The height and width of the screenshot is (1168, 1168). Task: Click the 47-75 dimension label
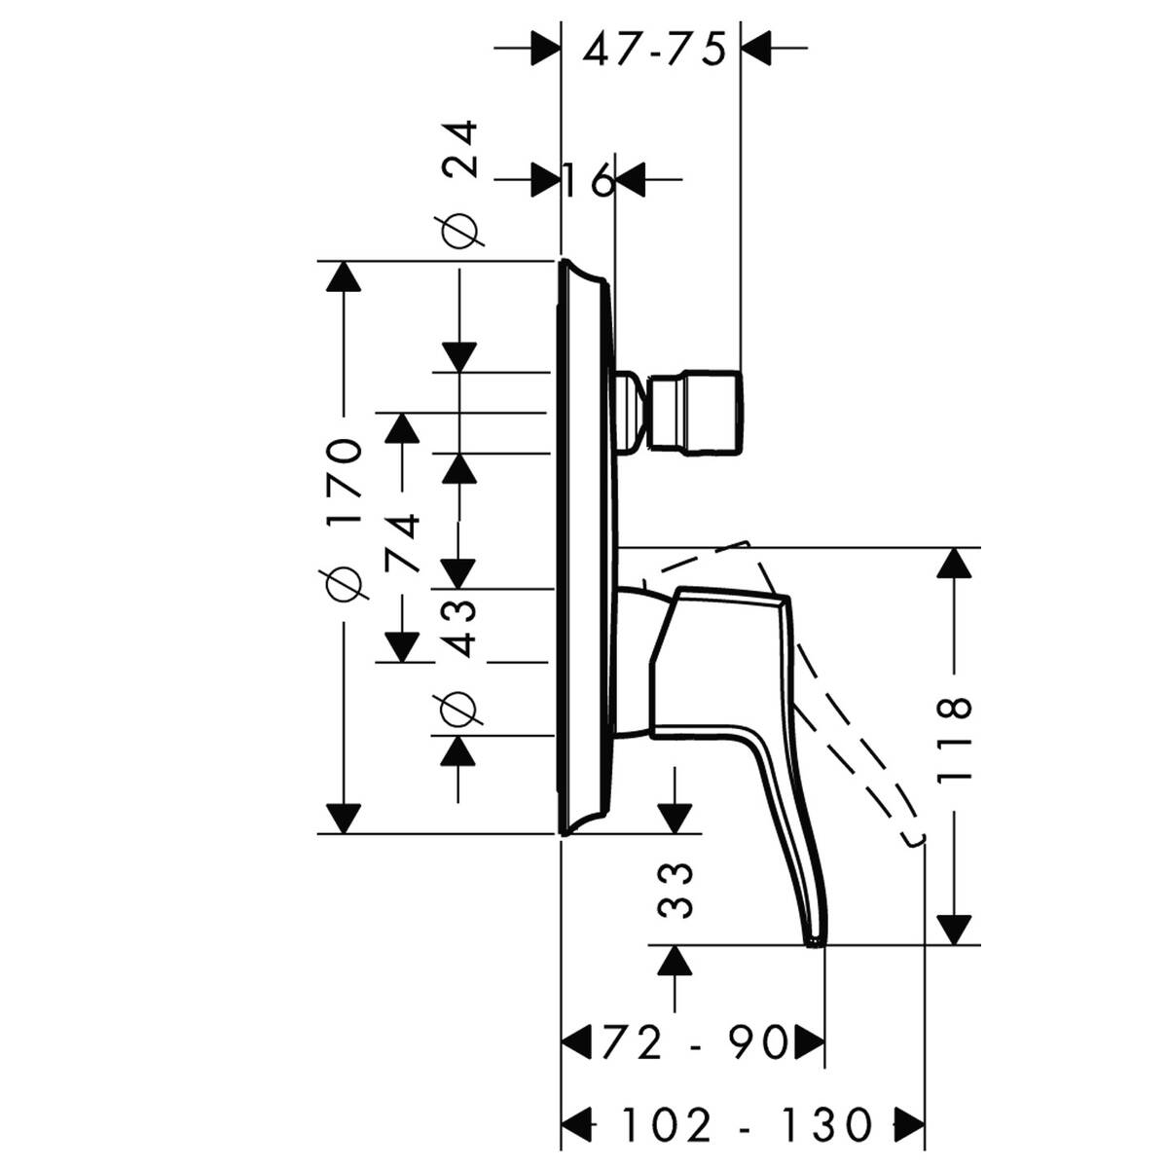click(x=654, y=48)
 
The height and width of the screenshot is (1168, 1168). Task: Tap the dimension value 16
click(x=590, y=180)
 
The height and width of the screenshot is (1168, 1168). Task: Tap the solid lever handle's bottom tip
click(x=813, y=940)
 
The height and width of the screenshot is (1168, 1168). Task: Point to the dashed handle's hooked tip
click(x=913, y=839)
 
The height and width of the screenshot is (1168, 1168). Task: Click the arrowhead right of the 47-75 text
click(x=756, y=46)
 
